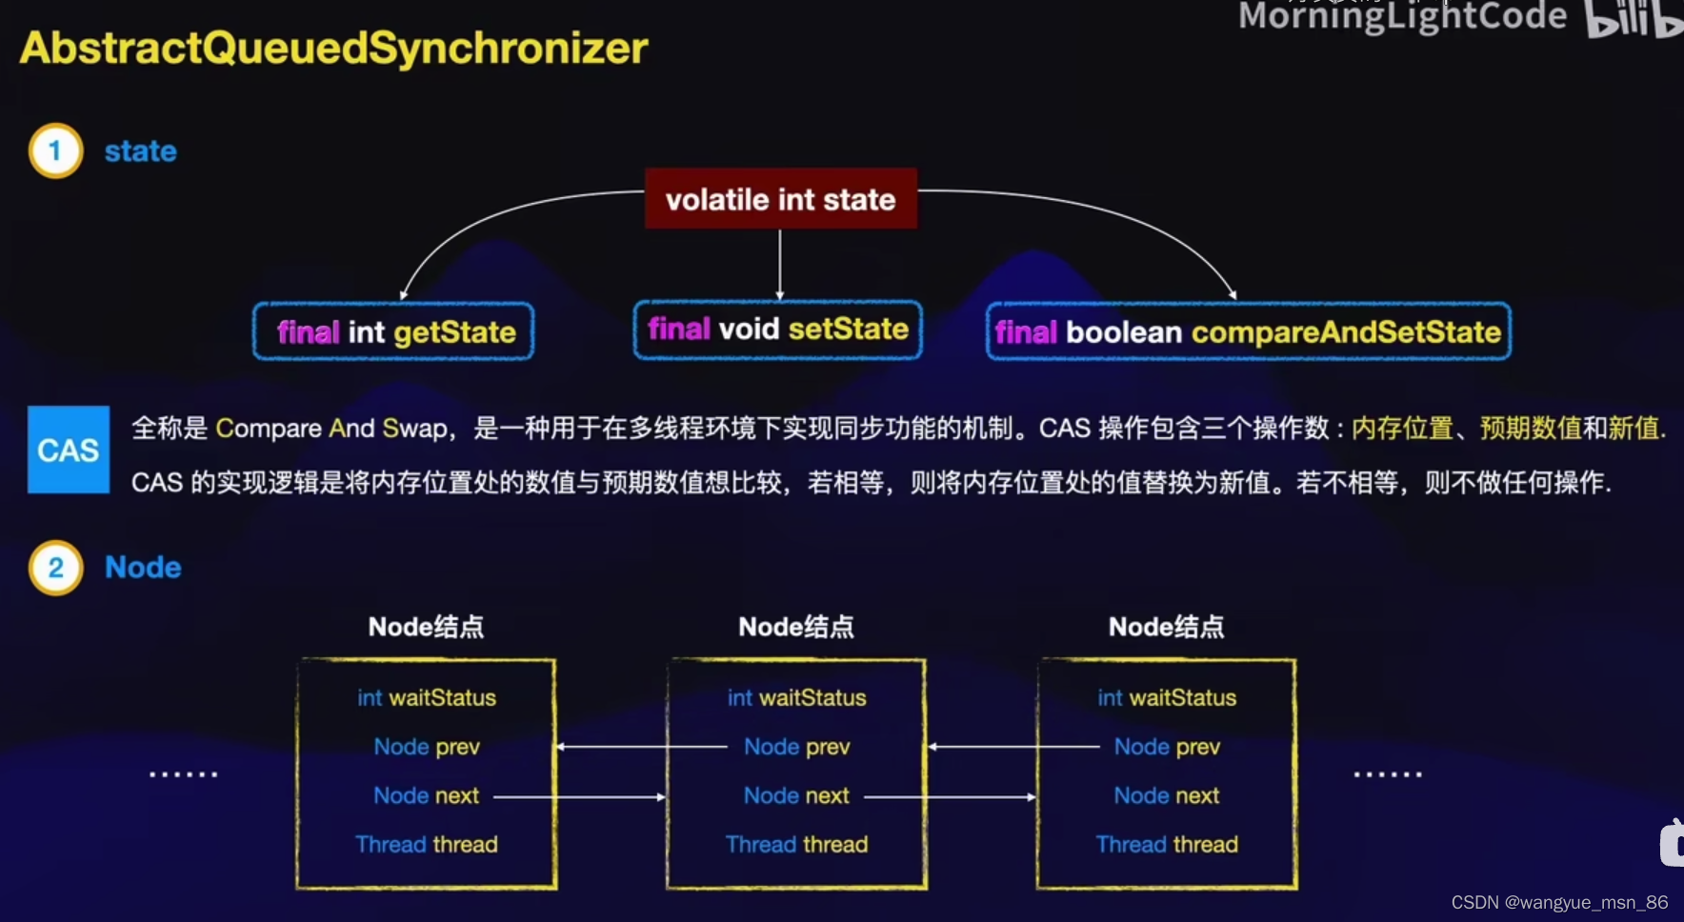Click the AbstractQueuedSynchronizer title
pyautogui.click(x=333, y=48)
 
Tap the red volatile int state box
pyautogui.click(x=780, y=199)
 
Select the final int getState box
pyautogui.click(x=393, y=331)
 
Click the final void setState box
pyautogui.click(x=777, y=330)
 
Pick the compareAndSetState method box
pyautogui.click(x=1248, y=331)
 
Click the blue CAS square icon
pyautogui.click(x=69, y=450)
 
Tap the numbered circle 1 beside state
pyautogui.click(x=55, y=150)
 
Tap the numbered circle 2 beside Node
pyautogui.click(x=55, y=568)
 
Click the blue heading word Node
pyautogui.click(x=143, y=568)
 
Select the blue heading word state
pyautogui.click(x=140, y=151)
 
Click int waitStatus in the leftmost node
pyautogui.click(x=427, y=698)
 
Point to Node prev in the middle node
pyautogui.click(x=796, y=747)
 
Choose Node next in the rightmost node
pyautogui.click(x=1167, y=795)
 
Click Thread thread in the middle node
pyautogui.click(x=796, y=845)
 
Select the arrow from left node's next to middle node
pyautogui.click(x=579, y=796)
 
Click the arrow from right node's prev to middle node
pyautogui.click(x=1013, y=747)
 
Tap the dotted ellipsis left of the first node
pyautogui.click(x=183, y=774)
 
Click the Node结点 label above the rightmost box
pyautogui.click(x=1166, y=627)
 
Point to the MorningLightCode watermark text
pyautogui.click(x=1402, y=16)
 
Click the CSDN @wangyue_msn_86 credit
pyautogui.click(x=1559, y=902)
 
